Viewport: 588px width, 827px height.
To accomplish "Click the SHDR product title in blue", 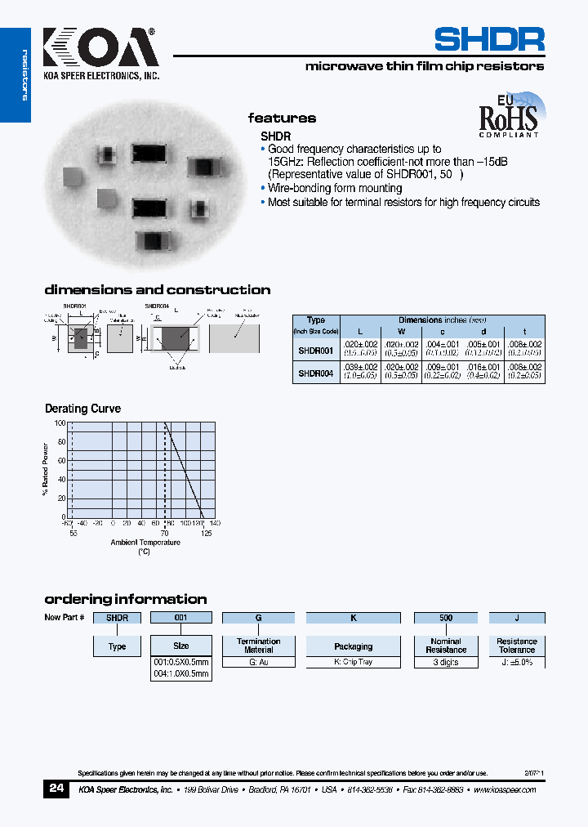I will point(488,39).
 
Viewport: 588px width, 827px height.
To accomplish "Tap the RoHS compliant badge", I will point(509,118).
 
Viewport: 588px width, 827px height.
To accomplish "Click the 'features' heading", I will point(282,118).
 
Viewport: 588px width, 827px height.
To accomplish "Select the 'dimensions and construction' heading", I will point(157,290).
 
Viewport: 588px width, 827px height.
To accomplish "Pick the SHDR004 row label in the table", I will point(315,373).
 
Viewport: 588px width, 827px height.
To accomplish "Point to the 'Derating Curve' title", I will point(82,409).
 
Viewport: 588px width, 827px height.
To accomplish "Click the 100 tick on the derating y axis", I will point(60,423).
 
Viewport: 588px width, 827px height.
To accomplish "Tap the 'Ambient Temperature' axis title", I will point(145,543).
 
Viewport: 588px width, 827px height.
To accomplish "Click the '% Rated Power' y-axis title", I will point(46,469).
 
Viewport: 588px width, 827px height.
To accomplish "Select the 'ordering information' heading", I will point(125,599).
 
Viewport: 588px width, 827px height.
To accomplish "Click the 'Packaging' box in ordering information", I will point(353,646).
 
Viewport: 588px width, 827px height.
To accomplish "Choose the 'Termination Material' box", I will point(258,646).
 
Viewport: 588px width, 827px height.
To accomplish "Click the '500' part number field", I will point(446,618).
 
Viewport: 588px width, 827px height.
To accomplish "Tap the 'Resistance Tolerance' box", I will point(516,646).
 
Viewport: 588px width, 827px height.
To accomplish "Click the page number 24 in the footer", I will point(56,789).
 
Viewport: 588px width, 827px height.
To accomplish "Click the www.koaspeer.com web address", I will point(504,790).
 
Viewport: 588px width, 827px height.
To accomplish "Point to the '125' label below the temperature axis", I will point(206,533).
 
